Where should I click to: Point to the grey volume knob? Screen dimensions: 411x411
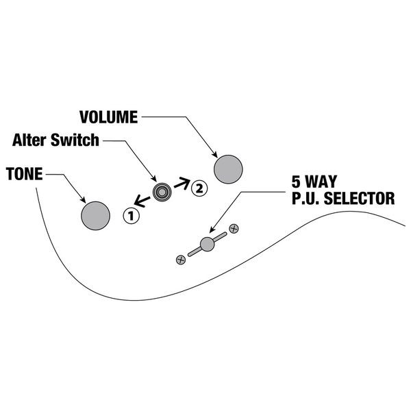(228, 169)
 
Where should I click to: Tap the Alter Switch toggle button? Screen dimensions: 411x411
(162, 193)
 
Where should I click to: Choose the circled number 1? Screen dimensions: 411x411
(131, 216)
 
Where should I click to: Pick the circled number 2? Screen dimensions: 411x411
(197, 186)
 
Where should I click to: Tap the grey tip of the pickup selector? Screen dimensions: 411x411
(208, 242)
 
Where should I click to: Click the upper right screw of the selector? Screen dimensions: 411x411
(234, 227)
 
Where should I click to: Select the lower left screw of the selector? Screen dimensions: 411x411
(181, 259)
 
